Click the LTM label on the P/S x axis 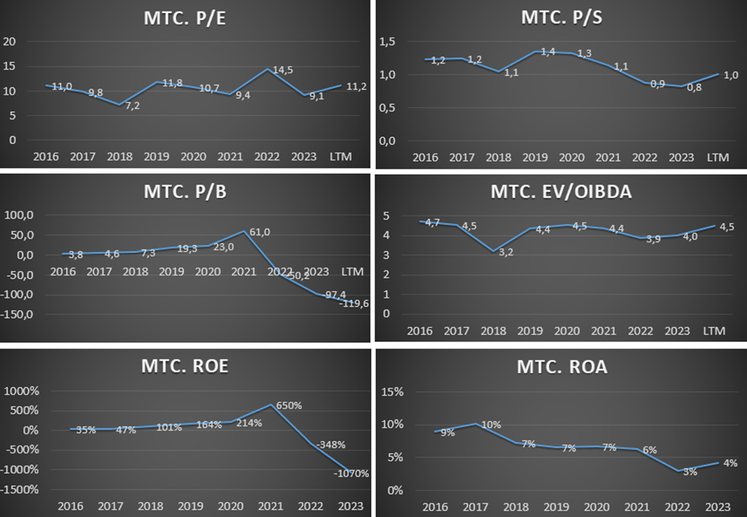[718, 157]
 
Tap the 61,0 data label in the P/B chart [262, 232]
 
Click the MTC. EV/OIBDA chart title [561, 192]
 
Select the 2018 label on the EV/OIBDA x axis [494, 331]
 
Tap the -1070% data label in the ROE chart [351, 473]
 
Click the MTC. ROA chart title [562, 367]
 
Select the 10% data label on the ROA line [491, 425]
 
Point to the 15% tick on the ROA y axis [392, 392]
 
